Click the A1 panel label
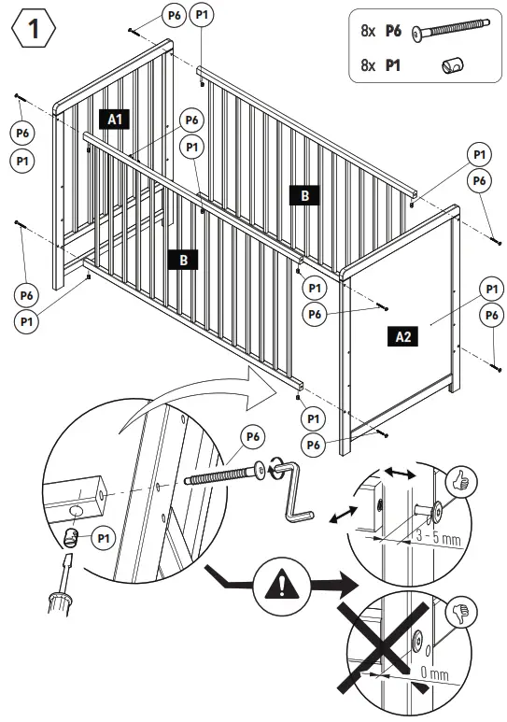[115, 119]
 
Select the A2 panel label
[403, 336]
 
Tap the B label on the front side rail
[183, 260]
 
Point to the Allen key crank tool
[297, 488]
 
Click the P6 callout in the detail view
[252, 436]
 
